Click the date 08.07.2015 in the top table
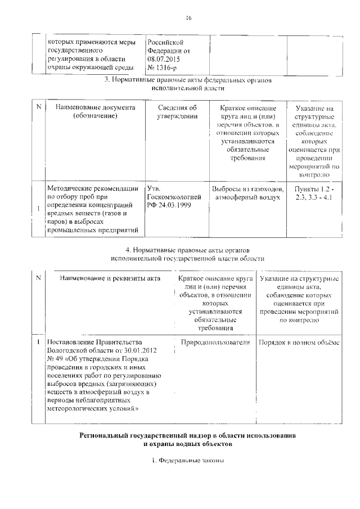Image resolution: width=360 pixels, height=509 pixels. [164, 58]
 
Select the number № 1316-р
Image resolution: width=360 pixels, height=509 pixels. [163, 67]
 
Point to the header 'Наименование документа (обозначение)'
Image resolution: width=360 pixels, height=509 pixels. [95, 112]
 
